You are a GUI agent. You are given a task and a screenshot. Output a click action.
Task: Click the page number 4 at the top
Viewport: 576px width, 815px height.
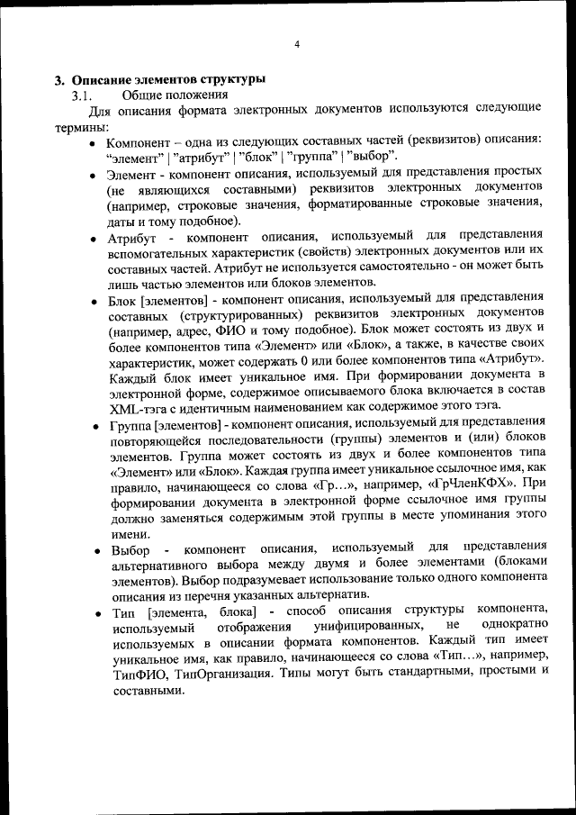point(296,44)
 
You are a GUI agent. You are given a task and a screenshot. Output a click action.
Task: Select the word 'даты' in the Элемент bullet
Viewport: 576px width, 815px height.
point(121,220)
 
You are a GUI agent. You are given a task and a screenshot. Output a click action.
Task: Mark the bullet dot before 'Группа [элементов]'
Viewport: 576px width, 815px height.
point(94,424)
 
